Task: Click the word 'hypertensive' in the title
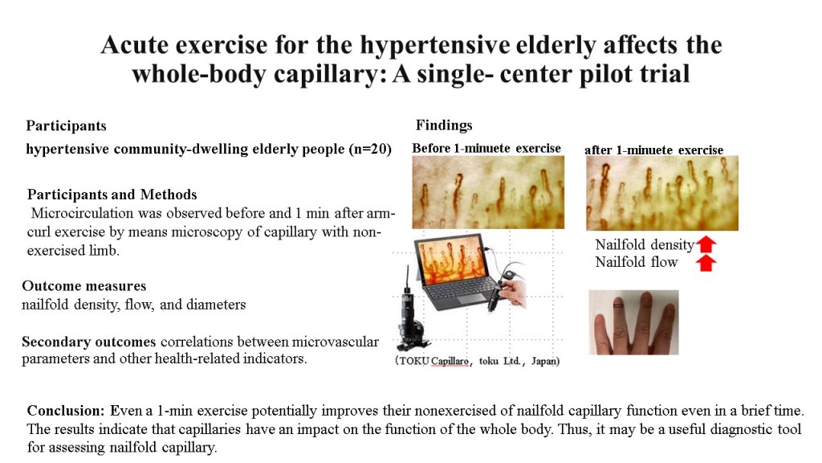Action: coord(434,46)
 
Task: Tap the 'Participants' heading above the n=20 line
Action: coord(66,126)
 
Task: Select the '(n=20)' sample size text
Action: coord(370,149)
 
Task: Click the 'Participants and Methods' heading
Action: coord(112,195)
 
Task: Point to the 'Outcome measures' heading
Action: coord(83,286)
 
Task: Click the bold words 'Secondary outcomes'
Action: coord(88,342)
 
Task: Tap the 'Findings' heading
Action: coord(444,125)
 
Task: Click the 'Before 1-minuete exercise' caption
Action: coord(486,149)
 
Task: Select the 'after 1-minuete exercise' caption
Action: coord(653,150)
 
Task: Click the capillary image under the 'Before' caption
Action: coord(488,192)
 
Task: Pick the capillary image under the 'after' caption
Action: coord(662,193)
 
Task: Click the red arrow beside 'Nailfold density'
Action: coord(706,244)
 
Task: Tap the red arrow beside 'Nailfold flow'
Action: coord(706,263)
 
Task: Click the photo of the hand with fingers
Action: coord(634,322)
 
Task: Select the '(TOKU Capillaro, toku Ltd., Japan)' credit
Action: coord(477,361)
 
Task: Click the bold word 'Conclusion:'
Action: coord(66,411)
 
